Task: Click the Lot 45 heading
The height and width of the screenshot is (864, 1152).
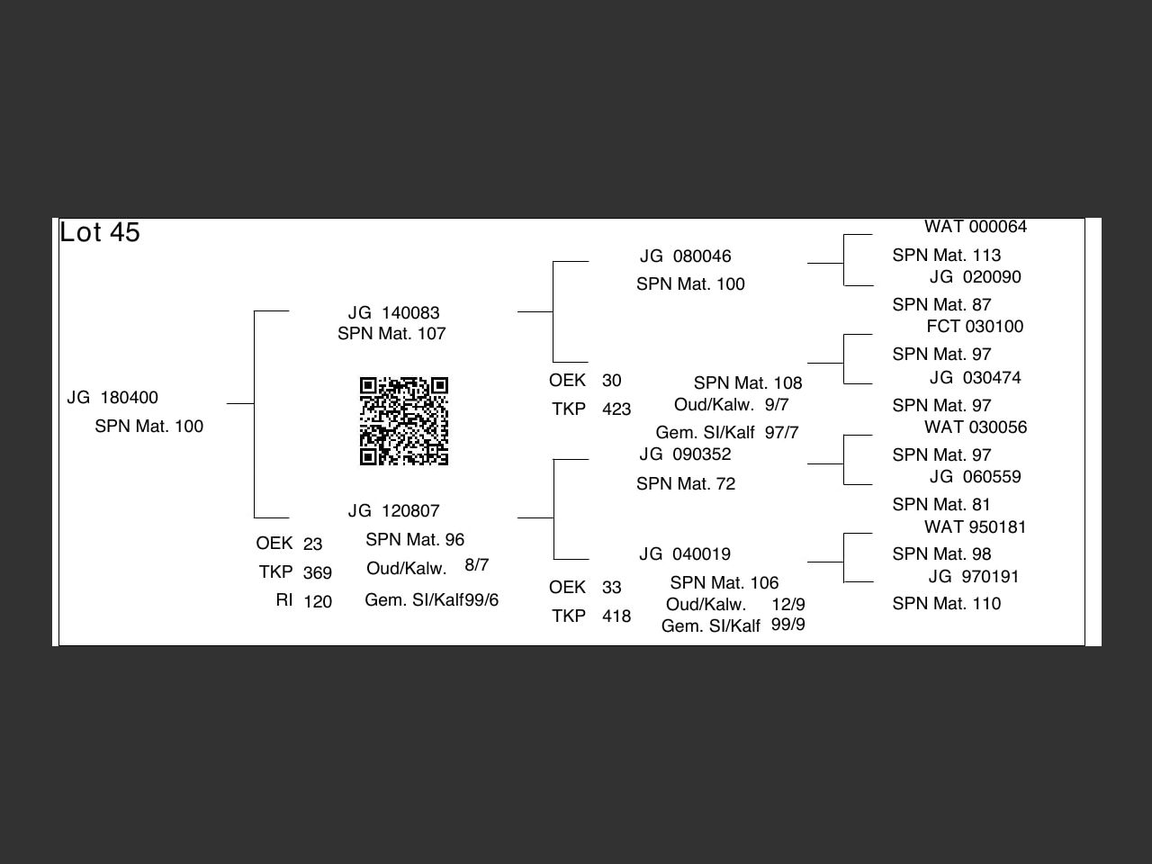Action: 100,232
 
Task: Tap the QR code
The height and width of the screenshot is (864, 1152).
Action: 404,421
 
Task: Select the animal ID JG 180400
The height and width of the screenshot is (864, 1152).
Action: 112,398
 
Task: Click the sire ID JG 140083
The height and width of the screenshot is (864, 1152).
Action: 394,313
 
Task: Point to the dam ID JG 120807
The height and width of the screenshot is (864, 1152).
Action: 394,511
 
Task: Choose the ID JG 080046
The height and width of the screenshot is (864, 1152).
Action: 686,256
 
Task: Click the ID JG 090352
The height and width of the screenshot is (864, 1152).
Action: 686,454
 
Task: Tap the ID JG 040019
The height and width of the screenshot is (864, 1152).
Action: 686,554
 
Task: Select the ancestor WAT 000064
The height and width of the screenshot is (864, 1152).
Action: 976,227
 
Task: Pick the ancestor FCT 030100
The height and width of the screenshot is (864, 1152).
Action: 975,327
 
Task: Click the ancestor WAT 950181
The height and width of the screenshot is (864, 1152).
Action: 976,527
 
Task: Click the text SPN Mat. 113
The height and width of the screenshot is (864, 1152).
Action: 947,256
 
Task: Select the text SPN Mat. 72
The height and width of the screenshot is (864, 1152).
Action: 686,484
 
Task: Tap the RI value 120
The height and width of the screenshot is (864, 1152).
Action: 318,602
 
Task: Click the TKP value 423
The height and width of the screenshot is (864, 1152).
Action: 616,409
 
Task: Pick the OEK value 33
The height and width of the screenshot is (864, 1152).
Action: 612,588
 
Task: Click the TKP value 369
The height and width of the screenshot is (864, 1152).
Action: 318,573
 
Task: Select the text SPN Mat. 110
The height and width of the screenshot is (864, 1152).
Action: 947,604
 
